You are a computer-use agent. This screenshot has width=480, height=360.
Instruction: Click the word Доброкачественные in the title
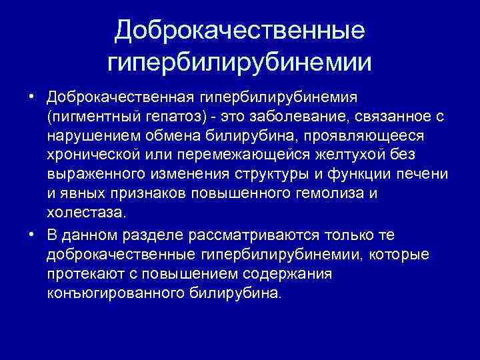point(240,30)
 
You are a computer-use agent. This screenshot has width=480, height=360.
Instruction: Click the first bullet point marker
point(31,98)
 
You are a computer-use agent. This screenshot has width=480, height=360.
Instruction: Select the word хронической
point(92,155)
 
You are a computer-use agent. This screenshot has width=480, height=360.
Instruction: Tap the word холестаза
point(85,213)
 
